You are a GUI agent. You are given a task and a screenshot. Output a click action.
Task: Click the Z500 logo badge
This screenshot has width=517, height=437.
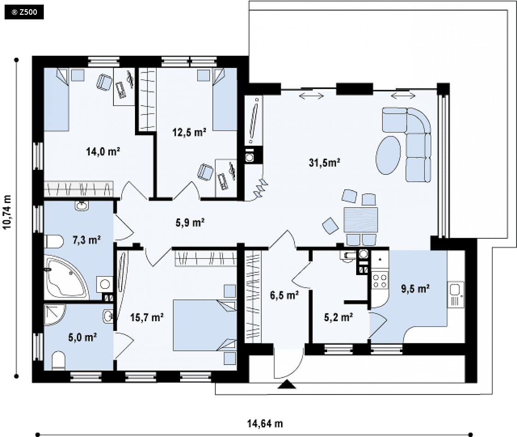24,12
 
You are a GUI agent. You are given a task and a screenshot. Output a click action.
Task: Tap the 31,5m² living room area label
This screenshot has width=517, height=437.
324,162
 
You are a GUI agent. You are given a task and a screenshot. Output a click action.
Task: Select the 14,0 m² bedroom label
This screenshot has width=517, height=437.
103,152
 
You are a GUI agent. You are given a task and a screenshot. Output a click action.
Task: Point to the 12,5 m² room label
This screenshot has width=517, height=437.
189,132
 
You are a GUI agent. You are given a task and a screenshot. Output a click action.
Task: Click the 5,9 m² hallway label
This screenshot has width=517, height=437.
190,222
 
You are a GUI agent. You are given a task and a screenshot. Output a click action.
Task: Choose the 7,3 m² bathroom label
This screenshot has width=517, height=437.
87,240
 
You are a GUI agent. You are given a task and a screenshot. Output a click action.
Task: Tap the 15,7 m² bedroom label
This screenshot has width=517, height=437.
147,317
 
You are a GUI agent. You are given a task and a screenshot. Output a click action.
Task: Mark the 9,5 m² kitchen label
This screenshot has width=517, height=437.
415,289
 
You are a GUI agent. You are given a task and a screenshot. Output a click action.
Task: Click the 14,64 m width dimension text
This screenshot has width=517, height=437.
265,424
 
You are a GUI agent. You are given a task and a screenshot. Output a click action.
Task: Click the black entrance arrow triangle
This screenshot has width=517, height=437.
287,384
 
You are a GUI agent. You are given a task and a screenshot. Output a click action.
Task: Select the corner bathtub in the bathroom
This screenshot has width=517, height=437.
67,277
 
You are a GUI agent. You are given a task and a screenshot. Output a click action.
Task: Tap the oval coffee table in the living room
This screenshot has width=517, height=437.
389,155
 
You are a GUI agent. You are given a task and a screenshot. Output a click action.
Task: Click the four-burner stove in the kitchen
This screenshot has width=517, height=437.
380,281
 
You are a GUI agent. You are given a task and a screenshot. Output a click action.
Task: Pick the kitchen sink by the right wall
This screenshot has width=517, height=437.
455,294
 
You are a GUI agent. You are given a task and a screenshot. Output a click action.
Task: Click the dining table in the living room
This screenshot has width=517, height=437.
361,220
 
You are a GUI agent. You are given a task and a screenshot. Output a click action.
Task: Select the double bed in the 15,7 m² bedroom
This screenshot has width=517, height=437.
205,325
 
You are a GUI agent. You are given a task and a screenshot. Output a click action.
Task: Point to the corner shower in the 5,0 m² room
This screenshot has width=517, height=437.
55,315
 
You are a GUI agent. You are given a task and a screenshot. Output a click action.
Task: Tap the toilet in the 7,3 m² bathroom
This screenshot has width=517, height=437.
53,241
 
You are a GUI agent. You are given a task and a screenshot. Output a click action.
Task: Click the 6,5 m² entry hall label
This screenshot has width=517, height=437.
284,295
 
